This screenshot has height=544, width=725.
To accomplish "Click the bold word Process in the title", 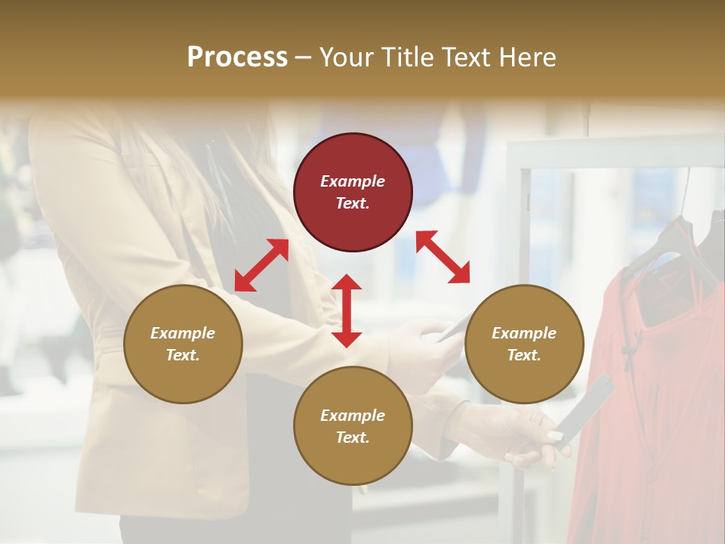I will pos(237,57).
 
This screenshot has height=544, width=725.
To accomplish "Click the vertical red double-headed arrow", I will pos(347,311).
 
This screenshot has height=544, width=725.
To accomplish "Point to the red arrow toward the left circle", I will pos(261,265).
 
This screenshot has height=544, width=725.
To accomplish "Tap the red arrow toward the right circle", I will pos(443,257).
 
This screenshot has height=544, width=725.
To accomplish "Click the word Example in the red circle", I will pos(353,181).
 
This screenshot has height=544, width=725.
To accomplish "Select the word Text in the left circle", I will pos(183,355).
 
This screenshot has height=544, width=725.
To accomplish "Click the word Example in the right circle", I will pos(524,333).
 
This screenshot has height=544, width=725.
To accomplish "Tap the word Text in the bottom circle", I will pos(353,437).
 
